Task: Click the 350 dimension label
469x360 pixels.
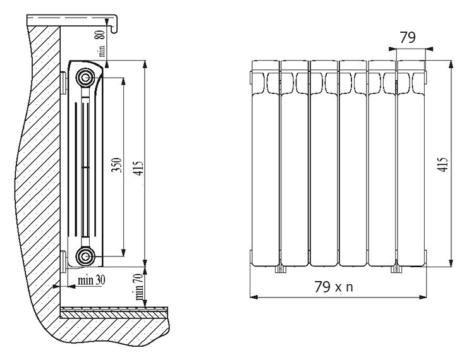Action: click(117, 165)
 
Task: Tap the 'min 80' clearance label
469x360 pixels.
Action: click(102, 44)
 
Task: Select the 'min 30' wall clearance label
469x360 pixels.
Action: click(92, 280)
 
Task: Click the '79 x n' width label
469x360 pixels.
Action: click(334, 287)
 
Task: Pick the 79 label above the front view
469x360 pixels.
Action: click(408, 38)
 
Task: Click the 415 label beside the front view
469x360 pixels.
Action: click(444, 164)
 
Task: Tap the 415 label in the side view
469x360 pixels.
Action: click(140, 168)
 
